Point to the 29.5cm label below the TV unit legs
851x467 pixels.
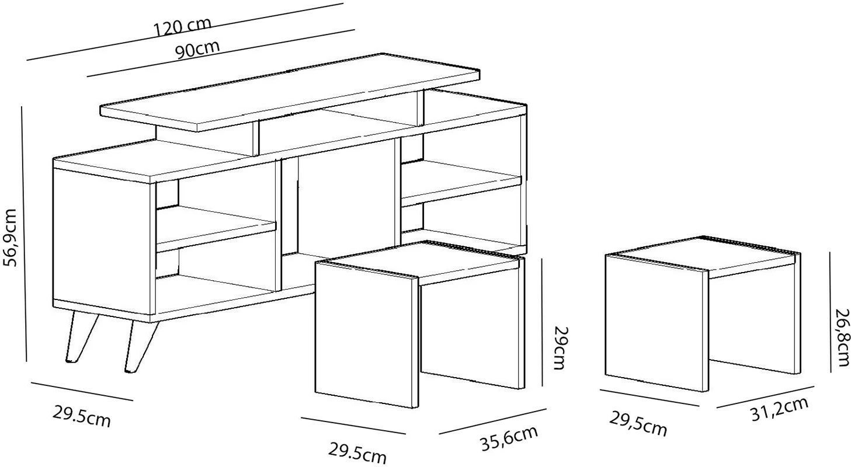tap(81, 416)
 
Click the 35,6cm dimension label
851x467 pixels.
tap(509, 438)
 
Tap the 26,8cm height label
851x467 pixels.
tap(842, 337)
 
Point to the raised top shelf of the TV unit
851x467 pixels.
tap(290, 92)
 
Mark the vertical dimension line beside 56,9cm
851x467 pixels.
tap(25, 233)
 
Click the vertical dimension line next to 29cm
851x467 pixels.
tap(542, 322)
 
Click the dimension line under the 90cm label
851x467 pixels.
tap(220, 53)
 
